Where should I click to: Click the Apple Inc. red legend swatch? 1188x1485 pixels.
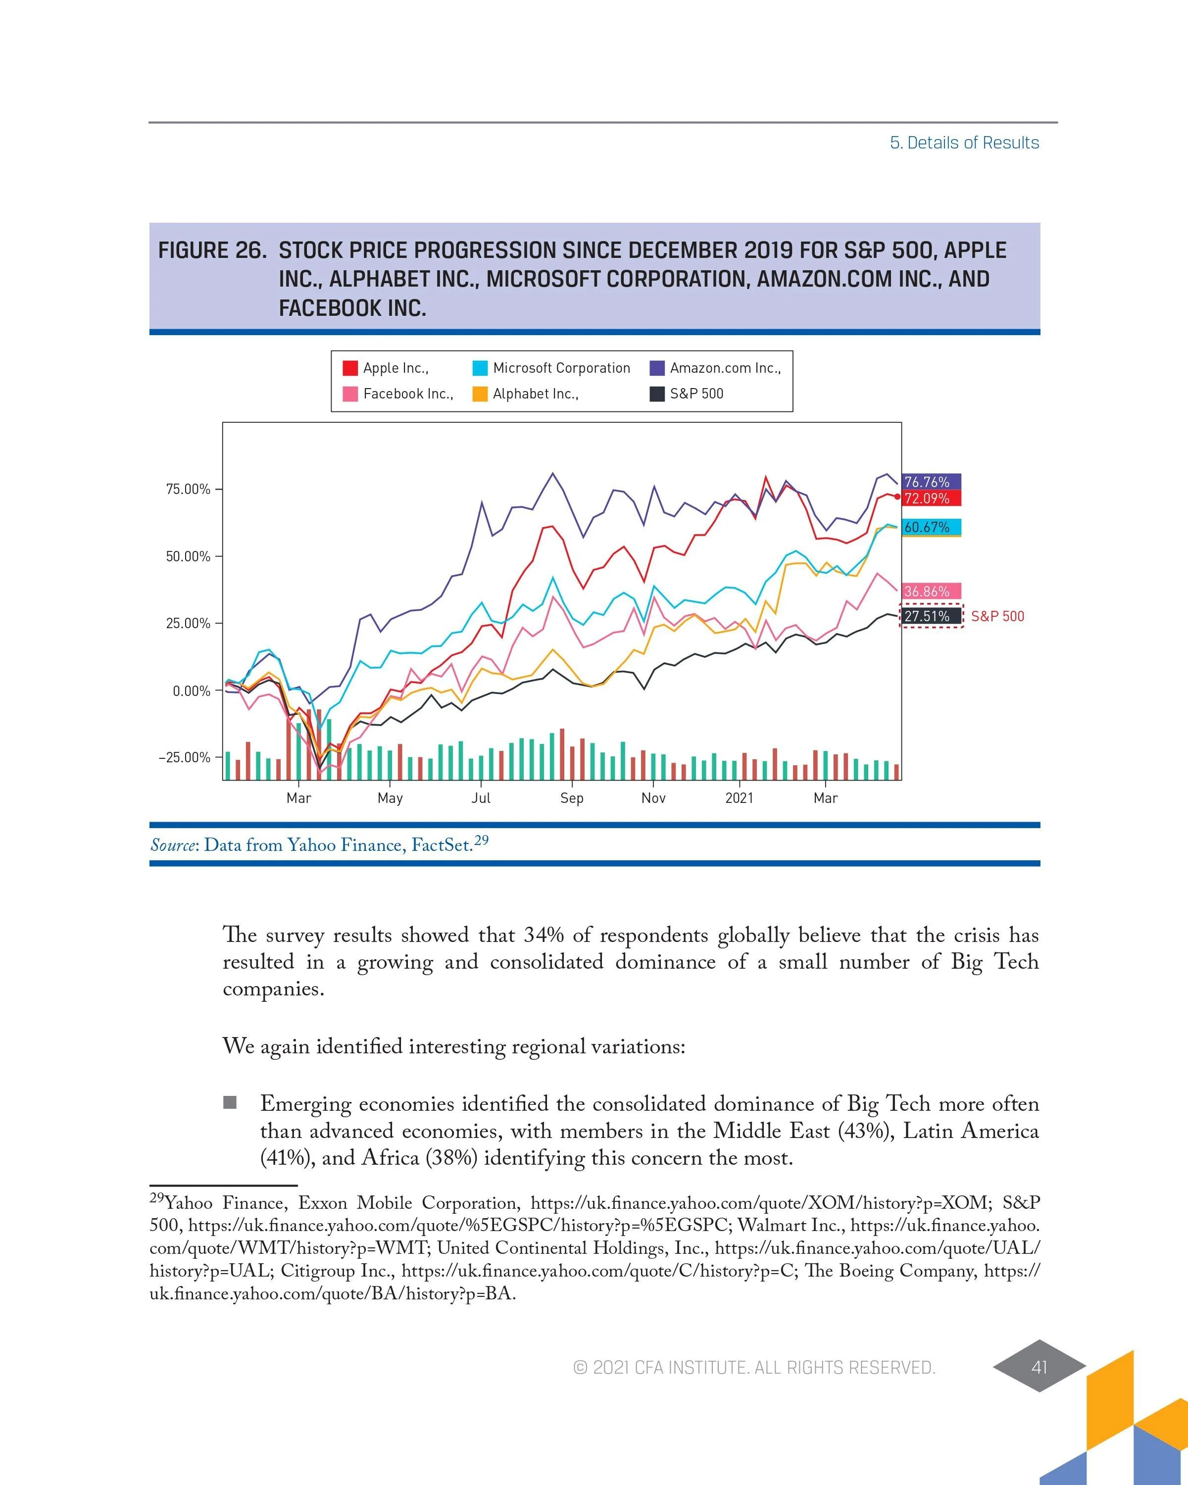point(350,368)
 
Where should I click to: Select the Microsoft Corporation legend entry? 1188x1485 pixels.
point(561,368)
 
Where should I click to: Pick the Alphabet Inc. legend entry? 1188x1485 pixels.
point(535,394)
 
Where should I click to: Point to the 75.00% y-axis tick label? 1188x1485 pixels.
point(187,489)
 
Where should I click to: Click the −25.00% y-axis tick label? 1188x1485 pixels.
point(185,758)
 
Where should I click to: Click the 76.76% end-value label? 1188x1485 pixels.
point(928,482)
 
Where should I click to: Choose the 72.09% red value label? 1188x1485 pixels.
point(928,498)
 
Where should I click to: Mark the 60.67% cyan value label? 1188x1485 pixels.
point(928,527)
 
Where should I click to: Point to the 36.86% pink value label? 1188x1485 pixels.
point(928,591)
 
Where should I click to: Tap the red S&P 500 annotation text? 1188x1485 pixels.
point(997,616)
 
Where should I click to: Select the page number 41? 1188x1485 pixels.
point(1039,1367)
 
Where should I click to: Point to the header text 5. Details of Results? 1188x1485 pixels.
point(964,143)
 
